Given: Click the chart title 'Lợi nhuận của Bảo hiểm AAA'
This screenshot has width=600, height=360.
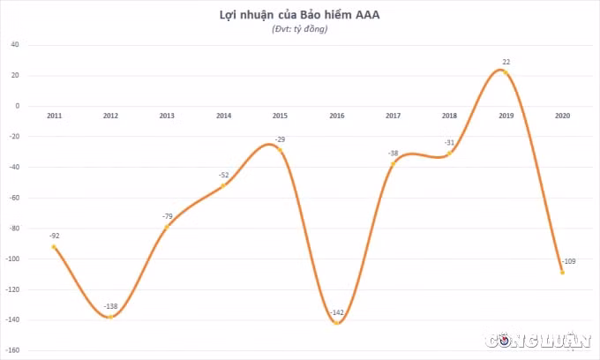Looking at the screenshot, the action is coord(299,15).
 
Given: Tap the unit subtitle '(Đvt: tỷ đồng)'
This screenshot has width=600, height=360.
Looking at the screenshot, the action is coord(300,29).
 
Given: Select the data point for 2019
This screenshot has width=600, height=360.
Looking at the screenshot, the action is coord(506,72).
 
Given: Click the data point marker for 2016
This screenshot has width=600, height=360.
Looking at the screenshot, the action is coord(336,323).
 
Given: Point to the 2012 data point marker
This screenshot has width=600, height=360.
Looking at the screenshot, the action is coord(110,317).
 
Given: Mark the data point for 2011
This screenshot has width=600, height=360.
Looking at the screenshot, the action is coord(54,247).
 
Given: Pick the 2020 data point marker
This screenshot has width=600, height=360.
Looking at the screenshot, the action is coord(562,273).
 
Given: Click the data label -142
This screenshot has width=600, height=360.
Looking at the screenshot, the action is coord(337,312).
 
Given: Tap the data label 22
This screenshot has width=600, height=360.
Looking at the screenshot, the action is coord(506,62).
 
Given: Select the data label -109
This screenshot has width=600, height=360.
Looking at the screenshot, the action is coord(569,261).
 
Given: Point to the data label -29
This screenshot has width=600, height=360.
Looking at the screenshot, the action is coord(280,139).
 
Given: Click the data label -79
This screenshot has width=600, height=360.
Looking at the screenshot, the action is coord(168,216).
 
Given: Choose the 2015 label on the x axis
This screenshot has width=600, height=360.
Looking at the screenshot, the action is coord(280,116).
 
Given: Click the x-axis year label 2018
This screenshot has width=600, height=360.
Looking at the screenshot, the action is coord(449,116).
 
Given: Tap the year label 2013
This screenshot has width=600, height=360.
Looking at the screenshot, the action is coord(167,116).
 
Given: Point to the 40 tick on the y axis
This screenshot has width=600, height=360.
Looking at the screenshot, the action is coord(14,45).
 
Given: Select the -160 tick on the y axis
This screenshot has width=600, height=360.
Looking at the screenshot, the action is coord(12,350).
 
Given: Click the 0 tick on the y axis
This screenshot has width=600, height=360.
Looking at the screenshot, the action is coord(18,106).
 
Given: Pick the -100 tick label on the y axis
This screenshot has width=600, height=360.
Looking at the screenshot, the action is coord(12,259).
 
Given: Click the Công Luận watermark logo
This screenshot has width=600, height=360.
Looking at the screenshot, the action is coord(538,340).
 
